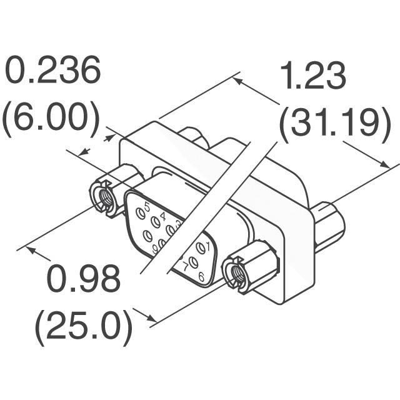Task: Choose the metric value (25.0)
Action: coord(84,325)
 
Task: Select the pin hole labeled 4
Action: coord(154,220)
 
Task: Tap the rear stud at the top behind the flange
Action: coord(192,137)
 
